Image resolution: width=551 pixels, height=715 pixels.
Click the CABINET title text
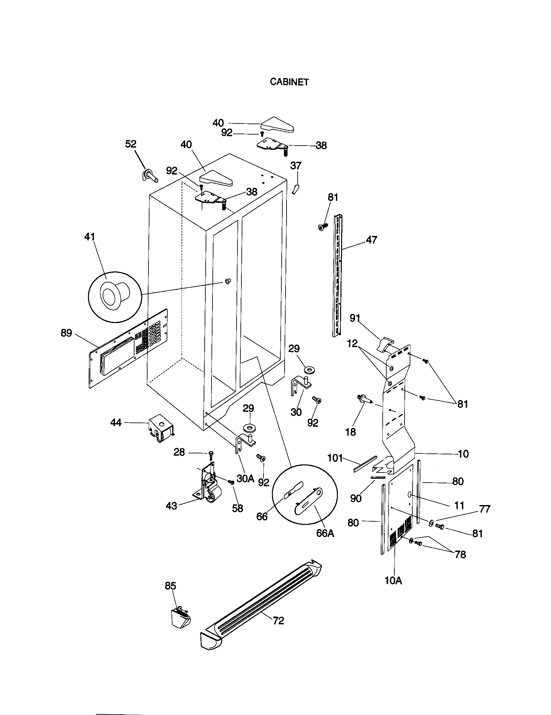[x=289, y=82]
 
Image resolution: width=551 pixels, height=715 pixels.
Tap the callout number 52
[x=131, y=144]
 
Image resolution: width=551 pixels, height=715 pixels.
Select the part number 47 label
[x=371, y=240]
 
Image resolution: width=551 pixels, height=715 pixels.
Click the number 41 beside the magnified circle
[x=89, y=237]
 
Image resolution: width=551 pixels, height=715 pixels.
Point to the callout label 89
[x=66, y=333]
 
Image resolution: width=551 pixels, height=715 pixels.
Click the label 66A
[x=325, y=533]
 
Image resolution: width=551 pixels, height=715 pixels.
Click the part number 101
[x=335, y=458]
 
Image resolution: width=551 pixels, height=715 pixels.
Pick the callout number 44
[x=116, y=422]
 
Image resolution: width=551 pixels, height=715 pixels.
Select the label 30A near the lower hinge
[x=245, y=479]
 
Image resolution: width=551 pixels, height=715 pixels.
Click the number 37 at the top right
[x=296, y=166]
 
